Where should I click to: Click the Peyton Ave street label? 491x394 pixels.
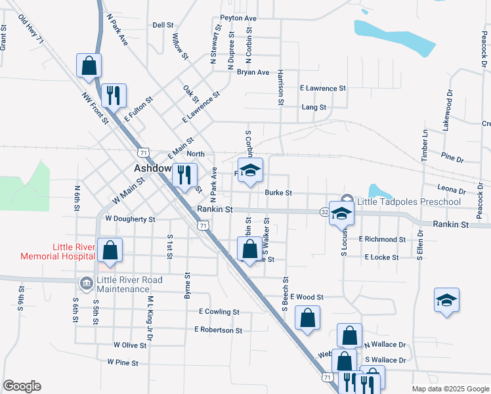pyautogui.click(x=238, y=18)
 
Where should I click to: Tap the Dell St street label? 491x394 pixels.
pyautogui.click(x=161, y=25)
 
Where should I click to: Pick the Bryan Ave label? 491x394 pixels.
pyautogui.click(x=253, y=72)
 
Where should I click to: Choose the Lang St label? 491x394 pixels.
pyautogui.click(x=314, y=106)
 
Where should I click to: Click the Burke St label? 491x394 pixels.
pyautogui.click(x=278, y=193)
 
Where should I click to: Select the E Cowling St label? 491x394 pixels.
pyautogui.click(x=216, y=312)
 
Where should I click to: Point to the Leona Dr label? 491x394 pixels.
pyautogui.click(x=452, y=190)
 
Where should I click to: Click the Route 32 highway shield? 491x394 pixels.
pyautogui.click(x=325, y=212)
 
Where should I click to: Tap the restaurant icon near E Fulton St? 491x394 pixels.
pyautogui.click(x=114, y=95)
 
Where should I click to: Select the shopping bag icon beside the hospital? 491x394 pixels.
pyautogui.click(x=111, y=250)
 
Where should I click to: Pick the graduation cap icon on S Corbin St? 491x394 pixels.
pyautogui.click(x=250, y=170)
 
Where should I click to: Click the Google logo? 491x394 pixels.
pyautogui.click(x=22, y=386)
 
